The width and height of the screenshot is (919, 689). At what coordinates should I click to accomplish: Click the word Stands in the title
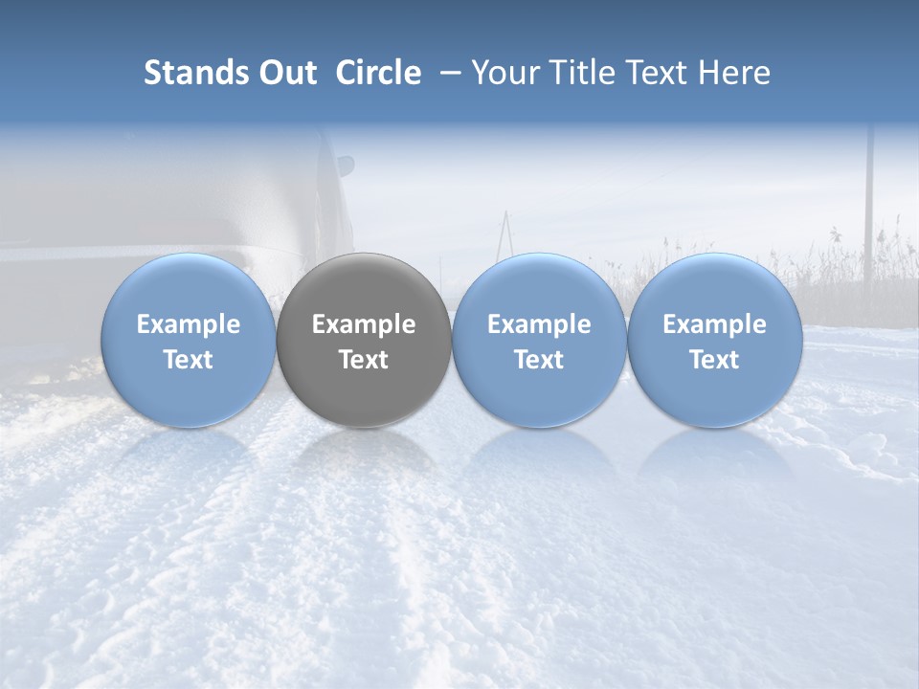tap(189, 73)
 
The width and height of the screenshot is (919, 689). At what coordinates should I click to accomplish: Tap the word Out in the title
tap(284, 73)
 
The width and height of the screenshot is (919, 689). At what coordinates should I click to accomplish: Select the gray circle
tap(364, 340)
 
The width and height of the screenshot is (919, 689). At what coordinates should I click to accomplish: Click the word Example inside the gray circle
tap(364, 324)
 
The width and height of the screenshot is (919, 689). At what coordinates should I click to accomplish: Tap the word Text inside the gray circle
tap(364, 360)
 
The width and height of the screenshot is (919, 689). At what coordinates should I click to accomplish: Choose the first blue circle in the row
tap(189, 340)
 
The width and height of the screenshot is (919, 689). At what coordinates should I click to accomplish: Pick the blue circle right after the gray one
tap(539, 340)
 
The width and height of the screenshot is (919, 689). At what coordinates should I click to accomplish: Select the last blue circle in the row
tap(715, 340)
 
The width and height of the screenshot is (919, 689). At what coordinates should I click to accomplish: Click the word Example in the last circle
tap(715, 324)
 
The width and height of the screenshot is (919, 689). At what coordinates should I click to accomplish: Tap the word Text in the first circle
tap(189, 360)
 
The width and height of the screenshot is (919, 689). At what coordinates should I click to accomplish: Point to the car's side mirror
tap(344, 166)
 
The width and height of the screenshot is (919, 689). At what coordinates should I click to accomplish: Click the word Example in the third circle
tap(539, 324)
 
